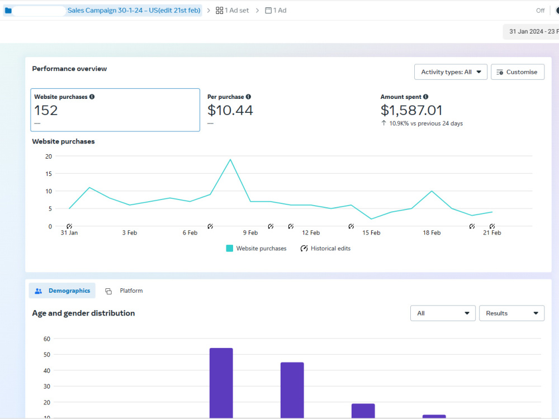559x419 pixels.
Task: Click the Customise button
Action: click(517, 72)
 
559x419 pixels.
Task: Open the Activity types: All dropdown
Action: click(451, 72)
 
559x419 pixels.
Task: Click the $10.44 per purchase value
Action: click(230, 111)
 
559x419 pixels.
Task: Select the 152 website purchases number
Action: click(46, 111)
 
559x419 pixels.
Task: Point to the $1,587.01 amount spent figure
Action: click(411, 111)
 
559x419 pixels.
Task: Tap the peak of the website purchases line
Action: click(230, 160)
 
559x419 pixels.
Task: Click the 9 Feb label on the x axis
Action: click(250, 232)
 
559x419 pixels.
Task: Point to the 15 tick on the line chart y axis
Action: click(49, 174)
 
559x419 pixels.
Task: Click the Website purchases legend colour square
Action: click(230, 249)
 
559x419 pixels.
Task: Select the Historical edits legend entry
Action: click(325, 249)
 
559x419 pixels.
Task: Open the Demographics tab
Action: click(62, 291)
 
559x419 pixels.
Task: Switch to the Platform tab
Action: click(124, 291)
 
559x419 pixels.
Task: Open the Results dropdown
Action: click(511, 313)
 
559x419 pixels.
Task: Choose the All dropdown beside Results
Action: click(443, 313)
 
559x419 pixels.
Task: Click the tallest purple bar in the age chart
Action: click(221, 383)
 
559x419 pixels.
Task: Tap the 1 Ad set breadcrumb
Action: click(232, 11)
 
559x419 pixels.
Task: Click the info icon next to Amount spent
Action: click(425, 97)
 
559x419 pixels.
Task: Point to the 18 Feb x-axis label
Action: click(432, 232)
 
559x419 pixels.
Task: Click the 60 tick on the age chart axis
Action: click(47, 339)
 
